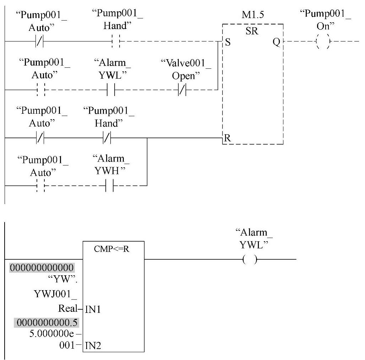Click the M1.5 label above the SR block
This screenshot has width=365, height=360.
pyautogui.click(x=253, y=15)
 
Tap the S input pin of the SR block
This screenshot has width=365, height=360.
pyautogui.click(x=228, y=42)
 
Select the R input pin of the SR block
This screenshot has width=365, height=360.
pyautogui.click(x=227, y=138)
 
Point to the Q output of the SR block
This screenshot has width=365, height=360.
pyautogui.click(x=276, y=42)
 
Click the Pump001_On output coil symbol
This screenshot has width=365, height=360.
pyautogui.click(x=323, y=41)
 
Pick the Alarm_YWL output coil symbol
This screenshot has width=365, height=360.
pyautogui.click(x=250, y=259)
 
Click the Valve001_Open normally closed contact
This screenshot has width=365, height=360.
pyautogui.click(x=182, y=90)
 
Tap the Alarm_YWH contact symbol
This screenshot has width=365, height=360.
pyautogui.click(x=110, y=186)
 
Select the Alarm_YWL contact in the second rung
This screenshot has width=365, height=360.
pyautogui.click(x=111, y=90)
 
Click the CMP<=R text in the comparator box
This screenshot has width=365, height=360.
pyautogui.click(x=111, y=249)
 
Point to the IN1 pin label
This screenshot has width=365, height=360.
pyautogui.click(x=93, y=309)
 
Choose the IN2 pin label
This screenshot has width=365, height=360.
pyautogui.click(x=93, y=345)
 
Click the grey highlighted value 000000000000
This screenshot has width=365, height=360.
pyautogui.click(x=42, y=268)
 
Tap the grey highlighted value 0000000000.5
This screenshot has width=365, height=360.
pyautogui.click(x=46, y=322)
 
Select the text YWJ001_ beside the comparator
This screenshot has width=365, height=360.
pyautogui.click(x=55, y=294)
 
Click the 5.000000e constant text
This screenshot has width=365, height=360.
pyautogui.click(x=51, y=334)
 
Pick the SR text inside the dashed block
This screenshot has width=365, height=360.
pyautogui.click(x=252, y=31)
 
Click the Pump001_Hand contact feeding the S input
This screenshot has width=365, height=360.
pyautogui.click(x=116, y=41)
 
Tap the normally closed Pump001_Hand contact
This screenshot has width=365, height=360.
pyautogui.click(x=107, y=138)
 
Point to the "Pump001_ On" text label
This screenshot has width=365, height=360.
pyautogui.click(x=325, y=20)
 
